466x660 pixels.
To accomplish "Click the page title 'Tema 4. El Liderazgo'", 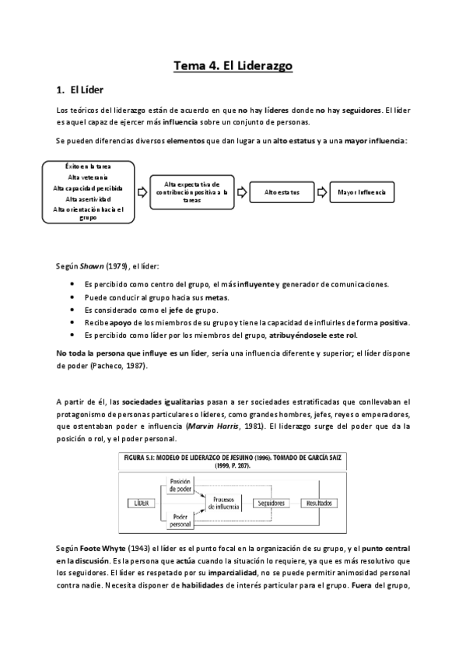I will (x=233, y=67).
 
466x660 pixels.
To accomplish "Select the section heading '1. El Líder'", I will (x=82, y=90).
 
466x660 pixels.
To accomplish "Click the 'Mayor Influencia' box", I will (x=361, y=191).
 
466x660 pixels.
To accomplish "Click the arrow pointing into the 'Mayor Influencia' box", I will (x=321, y=191).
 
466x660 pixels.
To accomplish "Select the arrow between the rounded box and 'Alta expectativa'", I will (x=142, y=191).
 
